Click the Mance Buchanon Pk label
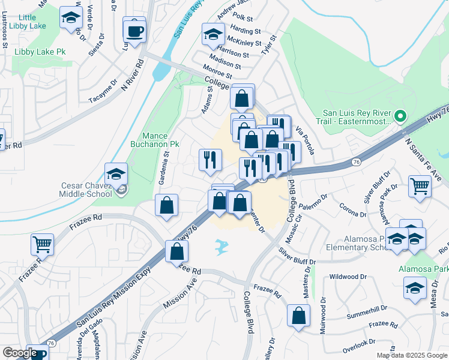pos(155,140)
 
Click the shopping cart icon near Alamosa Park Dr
pos(420,187)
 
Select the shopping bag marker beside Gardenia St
pos(166,206)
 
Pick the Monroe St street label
pos(218,71)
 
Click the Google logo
pos(20,353)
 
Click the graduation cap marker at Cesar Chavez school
pos(116,175)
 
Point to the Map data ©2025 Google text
pos(412,355)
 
